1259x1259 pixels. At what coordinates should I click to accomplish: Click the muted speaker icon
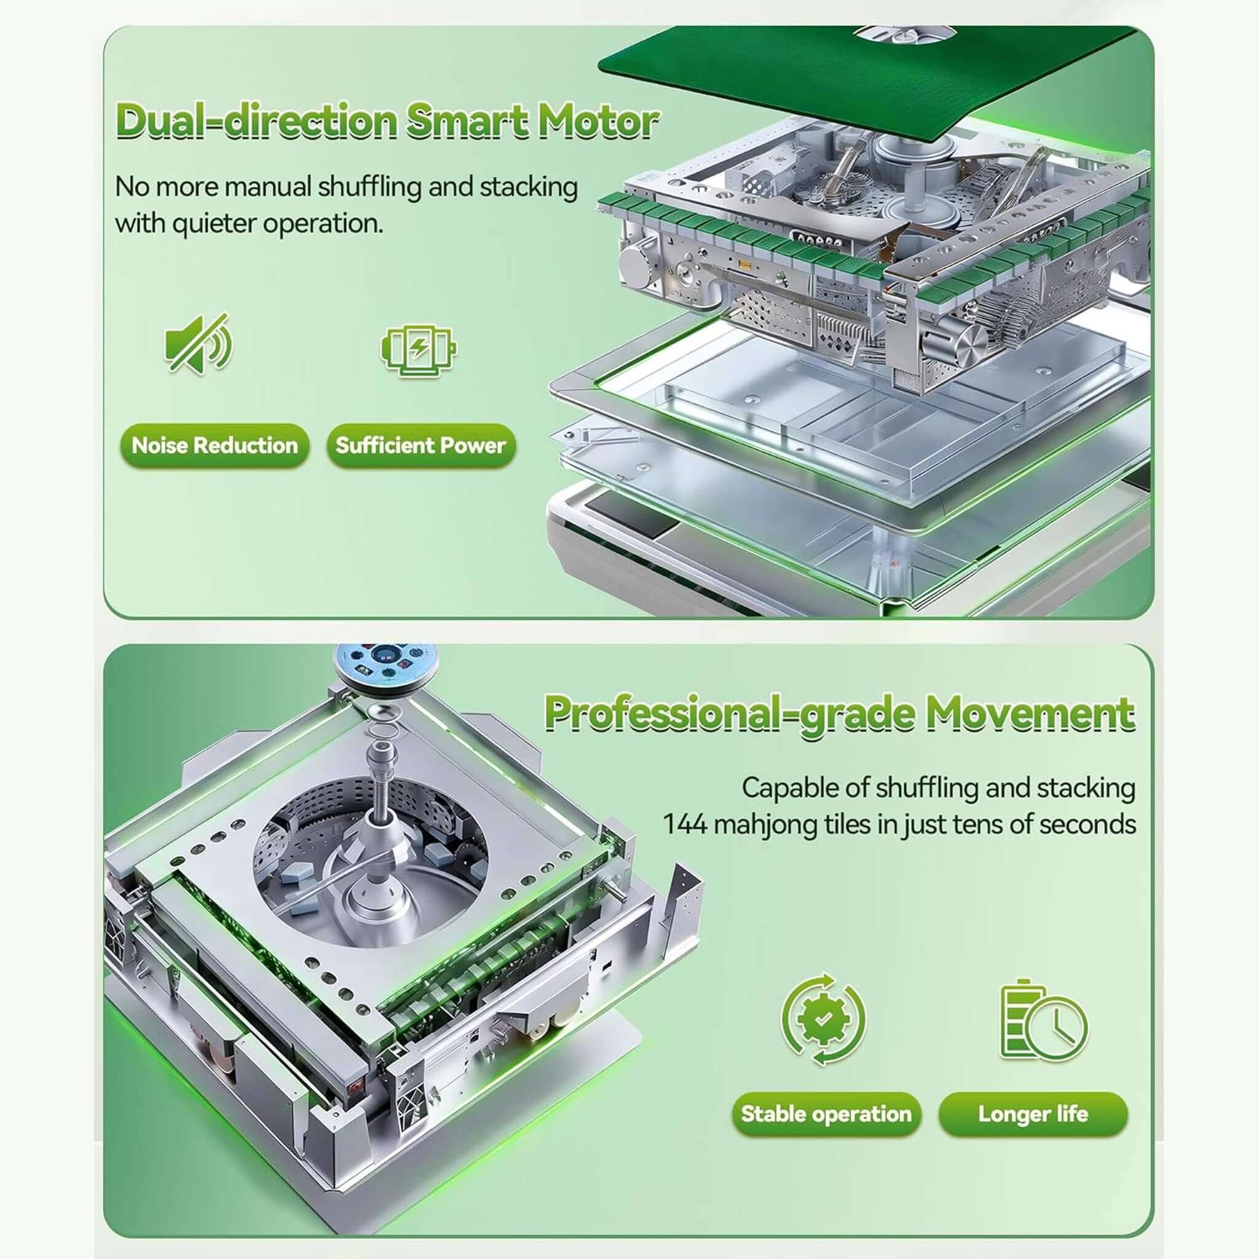point(198,344)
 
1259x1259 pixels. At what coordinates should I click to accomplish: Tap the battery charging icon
point(419,350)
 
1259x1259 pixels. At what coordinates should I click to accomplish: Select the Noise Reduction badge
point(215,446)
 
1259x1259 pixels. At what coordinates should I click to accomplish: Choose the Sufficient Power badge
point(421,446)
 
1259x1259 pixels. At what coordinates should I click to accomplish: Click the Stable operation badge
point(826,1114)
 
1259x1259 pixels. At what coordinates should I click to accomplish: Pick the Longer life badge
point(1033,1114)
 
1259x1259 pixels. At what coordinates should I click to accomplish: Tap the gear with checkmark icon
point(824,1020)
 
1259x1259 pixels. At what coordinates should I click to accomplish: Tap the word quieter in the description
point(213,224)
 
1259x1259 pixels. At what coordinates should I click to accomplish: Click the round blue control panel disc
point(386,665)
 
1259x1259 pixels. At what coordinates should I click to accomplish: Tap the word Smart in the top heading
point(467,122)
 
